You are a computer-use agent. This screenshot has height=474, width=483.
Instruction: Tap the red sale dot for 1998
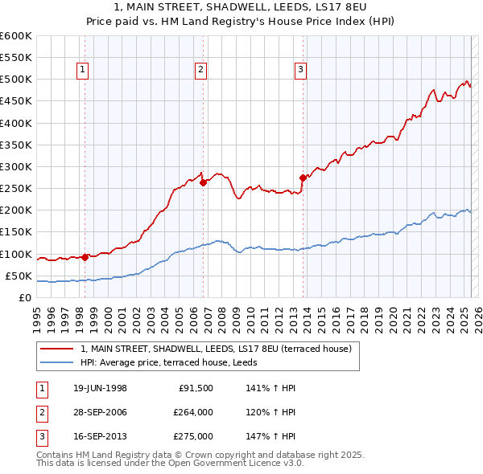[85, 257]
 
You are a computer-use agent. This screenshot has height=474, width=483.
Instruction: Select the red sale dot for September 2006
[204, 182]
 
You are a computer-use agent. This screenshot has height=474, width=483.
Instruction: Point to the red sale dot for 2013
[303, 178]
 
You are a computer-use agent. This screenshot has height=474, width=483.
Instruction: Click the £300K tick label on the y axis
[16, 167]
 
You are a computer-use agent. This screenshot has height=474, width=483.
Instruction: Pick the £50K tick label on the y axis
[19, 276]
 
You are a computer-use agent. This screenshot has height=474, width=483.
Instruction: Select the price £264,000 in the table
[193, 412]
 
